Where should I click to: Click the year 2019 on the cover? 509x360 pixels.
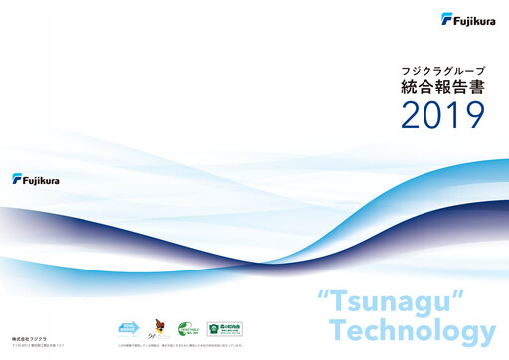point(442,115)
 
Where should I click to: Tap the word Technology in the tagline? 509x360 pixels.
point(411,330)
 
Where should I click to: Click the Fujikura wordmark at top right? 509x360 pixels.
point(472,17)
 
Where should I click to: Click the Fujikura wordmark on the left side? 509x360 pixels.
point(45,179)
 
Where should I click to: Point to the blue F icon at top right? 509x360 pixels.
point(448,17)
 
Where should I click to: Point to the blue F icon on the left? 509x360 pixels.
point(18,179)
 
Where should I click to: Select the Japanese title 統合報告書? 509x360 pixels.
point(442,88)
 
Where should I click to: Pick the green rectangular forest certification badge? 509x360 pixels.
point(224,328)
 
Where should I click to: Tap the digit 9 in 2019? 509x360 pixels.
point(473,115)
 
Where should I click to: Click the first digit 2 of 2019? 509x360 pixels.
point(413,115)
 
